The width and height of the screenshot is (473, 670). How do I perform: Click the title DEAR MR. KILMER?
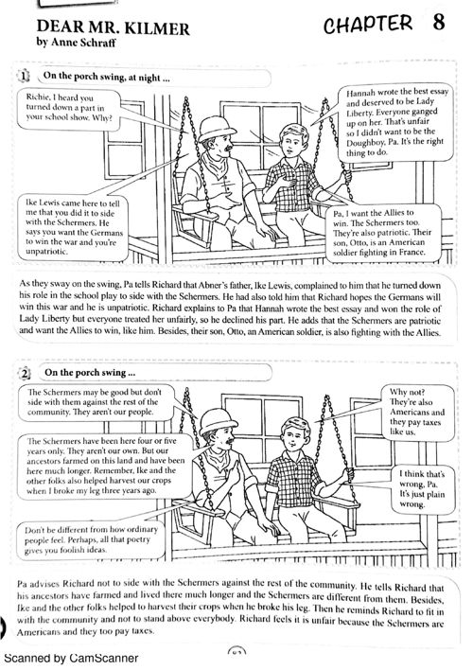pos(113,27)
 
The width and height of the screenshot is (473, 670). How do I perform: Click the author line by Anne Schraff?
pos(76,43)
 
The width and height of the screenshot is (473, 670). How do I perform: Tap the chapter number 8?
pos(439,22)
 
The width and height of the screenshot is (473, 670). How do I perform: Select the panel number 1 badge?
pos(24,77)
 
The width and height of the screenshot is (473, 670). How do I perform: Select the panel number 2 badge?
pos(25,374)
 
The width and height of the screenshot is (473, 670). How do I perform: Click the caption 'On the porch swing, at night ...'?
pos(107,78)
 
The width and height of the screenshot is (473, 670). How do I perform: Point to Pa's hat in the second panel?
pos(218,421)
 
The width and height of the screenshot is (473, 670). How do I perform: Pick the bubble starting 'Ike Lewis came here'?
pos(73,227)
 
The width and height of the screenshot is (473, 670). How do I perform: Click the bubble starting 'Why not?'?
pos(416,412)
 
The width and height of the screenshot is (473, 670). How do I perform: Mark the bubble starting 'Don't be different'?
pos(91,539)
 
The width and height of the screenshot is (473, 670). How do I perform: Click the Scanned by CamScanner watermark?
pos(71,658)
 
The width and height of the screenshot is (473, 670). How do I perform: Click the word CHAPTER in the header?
pos(368,24)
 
